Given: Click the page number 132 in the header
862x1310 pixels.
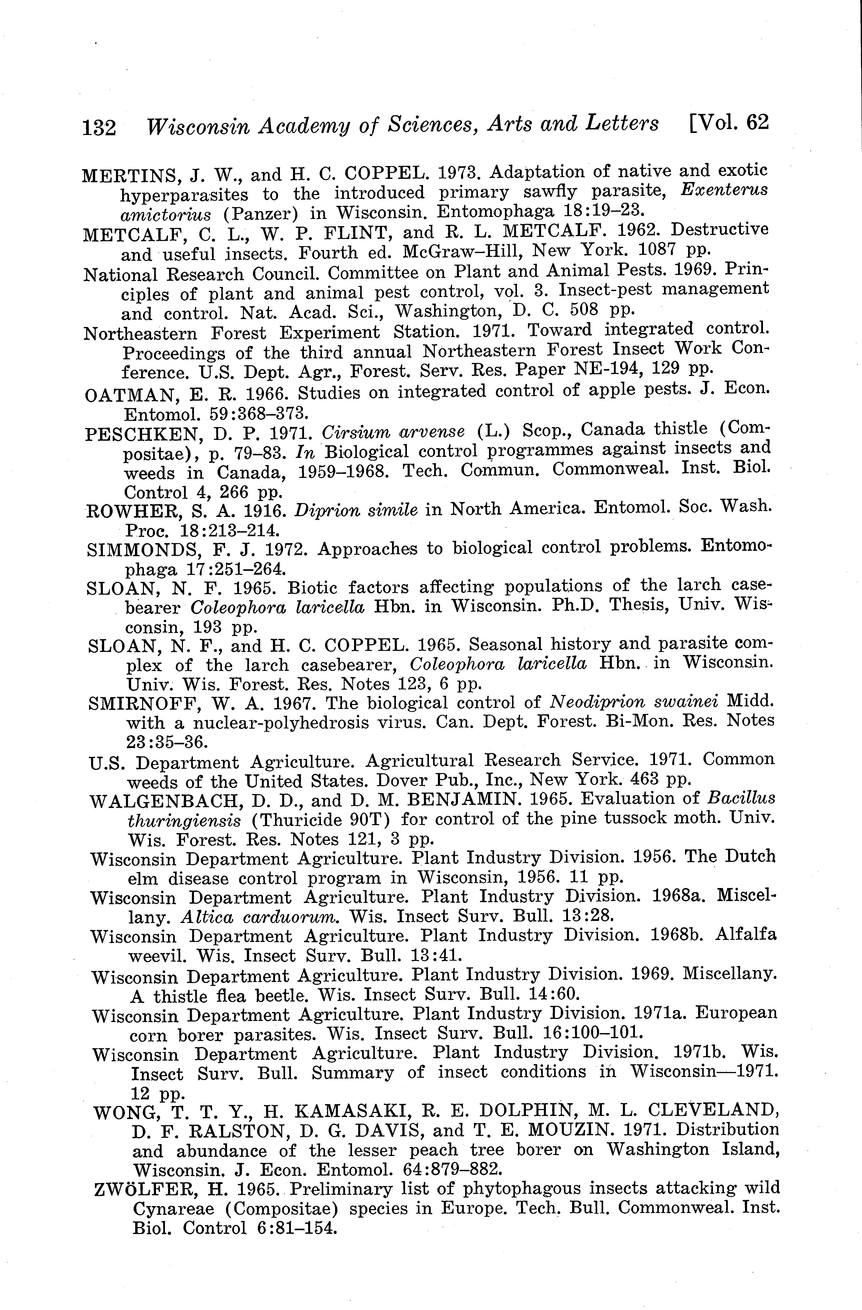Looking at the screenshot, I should (x=99, y=128).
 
